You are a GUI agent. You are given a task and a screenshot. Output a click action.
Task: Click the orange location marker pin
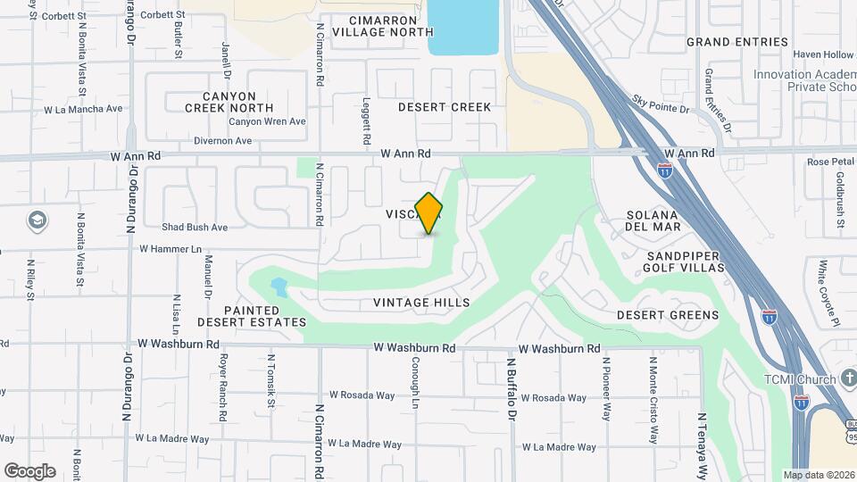pyautogui.click(x=429, y=213)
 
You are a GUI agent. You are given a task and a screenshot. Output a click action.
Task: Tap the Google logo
pyautogui.click(x=29, y=471)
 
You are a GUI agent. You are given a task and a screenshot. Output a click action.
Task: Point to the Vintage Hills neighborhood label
pyautogui.click(x=421, y=303)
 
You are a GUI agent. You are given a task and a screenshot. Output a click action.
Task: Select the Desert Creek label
pyautogui.click(x=445, y=107)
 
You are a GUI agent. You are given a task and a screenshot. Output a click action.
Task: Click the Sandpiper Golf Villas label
pyautogui.click(x=683, y=262)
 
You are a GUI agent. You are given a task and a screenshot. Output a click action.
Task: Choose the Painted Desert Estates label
pyautogui.click(x=252, y=315)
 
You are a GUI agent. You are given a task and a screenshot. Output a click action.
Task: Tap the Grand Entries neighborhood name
pyautogui.click(x=737, y=42)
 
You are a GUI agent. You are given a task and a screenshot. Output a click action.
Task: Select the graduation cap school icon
pyautogui.click(x=37, y=220)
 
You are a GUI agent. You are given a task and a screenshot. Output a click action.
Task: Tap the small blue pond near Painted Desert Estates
pyautogui.click(x=279, y=287)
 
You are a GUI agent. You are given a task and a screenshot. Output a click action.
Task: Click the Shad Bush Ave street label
pyautogui.click(x=195, y=228)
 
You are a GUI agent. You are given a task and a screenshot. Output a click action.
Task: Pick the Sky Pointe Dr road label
pyautogui.click(x=661, y=104)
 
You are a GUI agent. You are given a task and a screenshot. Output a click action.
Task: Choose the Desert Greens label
pyautogui.click(x=668, y=315)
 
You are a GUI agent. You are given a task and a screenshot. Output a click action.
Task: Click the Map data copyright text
pyautogui.click(x=818, y=475)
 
